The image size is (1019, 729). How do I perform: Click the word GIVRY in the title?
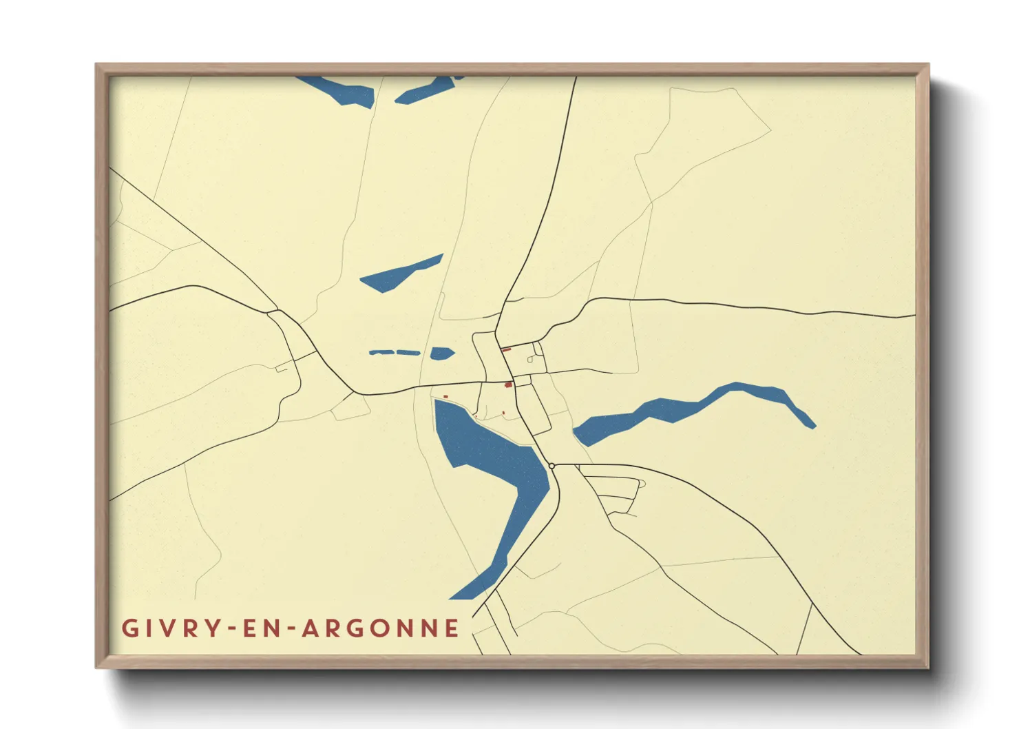pos(172,628)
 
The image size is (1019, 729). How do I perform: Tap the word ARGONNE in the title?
pos(381,628)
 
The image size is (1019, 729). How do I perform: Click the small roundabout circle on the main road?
pos(552,466)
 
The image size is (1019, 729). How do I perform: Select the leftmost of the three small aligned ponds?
pos(381,353)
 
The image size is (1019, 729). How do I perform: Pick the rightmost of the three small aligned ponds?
pos(441,353)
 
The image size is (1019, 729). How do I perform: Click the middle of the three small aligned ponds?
pos(408,353)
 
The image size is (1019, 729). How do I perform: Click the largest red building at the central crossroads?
pos(508,384)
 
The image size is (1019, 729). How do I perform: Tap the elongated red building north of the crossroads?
pos(506,350)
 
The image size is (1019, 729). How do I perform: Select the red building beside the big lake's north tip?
pos(445,397)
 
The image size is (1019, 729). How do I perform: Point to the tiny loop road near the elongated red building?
pos(531,359)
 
